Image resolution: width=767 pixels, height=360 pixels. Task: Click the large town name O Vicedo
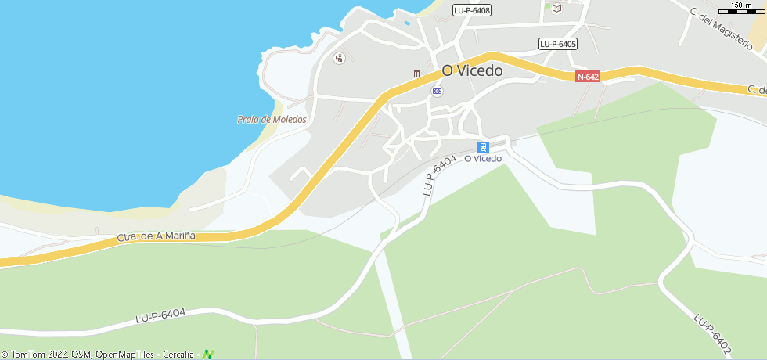click(x=472, y=70)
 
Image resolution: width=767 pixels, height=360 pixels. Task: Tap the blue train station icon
click(x=484, y=146)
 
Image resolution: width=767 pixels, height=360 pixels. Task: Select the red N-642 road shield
click(x=588, y=77)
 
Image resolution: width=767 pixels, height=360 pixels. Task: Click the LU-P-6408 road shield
click(x=472, y=10)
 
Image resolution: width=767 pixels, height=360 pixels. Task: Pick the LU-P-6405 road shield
click(x=558, y=44)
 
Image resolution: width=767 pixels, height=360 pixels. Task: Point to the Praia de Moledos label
click(x=272, y=120)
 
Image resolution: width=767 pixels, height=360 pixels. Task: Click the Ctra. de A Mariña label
click(x=156, y=236)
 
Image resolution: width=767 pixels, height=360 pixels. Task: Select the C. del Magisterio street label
click(x=726, y=27)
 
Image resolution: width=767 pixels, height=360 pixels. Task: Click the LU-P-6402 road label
click(x=712, y=332)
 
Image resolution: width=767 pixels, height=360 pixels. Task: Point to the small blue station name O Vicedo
click(x=483, y=159)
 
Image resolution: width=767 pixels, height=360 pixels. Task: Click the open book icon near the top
click(x=556, y=9)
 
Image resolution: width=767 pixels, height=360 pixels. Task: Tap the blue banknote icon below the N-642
click(x=437, y=91)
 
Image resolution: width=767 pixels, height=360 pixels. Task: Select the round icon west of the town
click(x=339, y=58)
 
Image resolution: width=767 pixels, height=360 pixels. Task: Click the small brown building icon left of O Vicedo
click(x=417, y=74)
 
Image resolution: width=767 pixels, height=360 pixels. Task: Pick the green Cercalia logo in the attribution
click(x=208, y=355)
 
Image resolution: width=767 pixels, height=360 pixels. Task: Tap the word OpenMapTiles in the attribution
click(x=125, y=355)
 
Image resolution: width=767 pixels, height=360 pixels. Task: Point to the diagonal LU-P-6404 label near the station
click(x=439, y=175)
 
